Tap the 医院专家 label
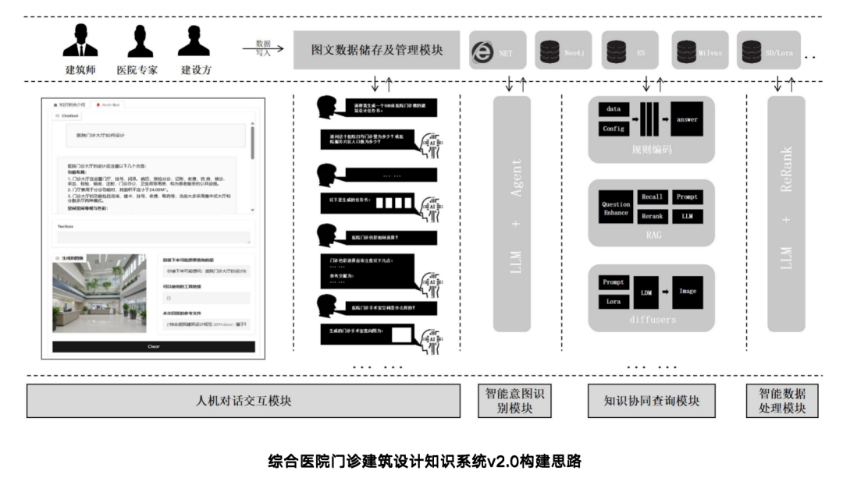[137, 70]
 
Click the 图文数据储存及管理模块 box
[377, 51]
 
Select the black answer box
[687, 119]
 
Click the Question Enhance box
[615, 208]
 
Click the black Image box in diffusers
[687, 291]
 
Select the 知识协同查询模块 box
[651, 402]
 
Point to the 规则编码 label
[650, 150]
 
